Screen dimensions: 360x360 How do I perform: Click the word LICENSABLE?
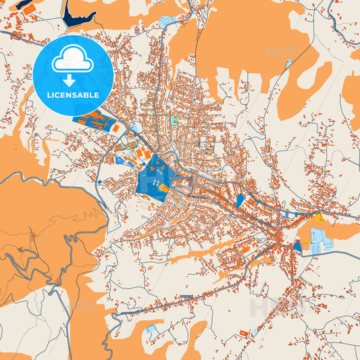(x=73, y=95)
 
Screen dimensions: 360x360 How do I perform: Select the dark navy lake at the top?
(x=79, y=14)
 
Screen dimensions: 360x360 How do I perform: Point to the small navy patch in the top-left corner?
(x=26, y=5)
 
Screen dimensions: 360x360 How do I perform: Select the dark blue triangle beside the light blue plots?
(x=298, y=247)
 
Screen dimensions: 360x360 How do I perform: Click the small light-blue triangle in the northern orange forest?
(x=289, y=64)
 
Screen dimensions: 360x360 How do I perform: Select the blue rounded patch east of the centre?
(x=240, y=201)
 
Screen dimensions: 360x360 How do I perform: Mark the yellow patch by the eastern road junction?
(x=317, y=217)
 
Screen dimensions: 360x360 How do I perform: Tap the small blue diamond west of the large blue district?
(x=100, y=182)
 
